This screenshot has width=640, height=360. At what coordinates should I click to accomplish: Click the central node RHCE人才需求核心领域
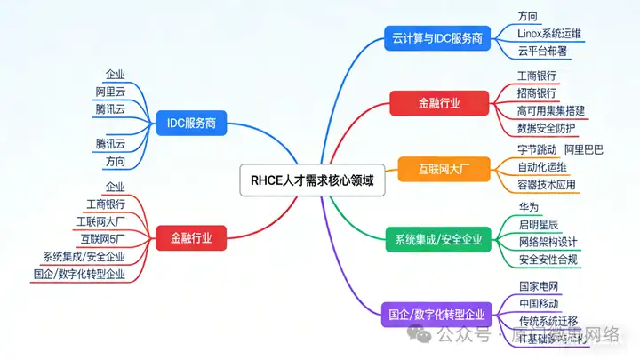pyautogui.click(x=307, y=180)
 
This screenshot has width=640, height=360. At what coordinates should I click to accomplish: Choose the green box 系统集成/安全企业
pyautogui.click(x=438, y=238)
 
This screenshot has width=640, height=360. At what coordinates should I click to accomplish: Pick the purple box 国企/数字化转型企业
pyautogui.click(x=437, y=314)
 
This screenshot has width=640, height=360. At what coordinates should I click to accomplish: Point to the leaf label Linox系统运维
pyautogui.click(x=549, y=34)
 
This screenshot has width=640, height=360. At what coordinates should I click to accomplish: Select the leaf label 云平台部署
pyautogui.click(x=543, y=51)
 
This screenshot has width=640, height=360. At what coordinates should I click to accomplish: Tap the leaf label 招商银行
pyautogui.click(x=537, y=93)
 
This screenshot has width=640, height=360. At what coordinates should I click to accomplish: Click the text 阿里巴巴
pyautogui.click(x=584, y=149)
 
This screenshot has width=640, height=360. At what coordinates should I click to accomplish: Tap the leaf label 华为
pyautogui.click(x=528, y=207)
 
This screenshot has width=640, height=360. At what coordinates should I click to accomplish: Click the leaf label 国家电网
pyautogui.click(x=538, y=287)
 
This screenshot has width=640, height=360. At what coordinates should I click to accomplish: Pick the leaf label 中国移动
pyautogui.click(x=538, y=304)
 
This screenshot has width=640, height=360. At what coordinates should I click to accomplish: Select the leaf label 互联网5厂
pyautogui.click(x=102, y=239)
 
